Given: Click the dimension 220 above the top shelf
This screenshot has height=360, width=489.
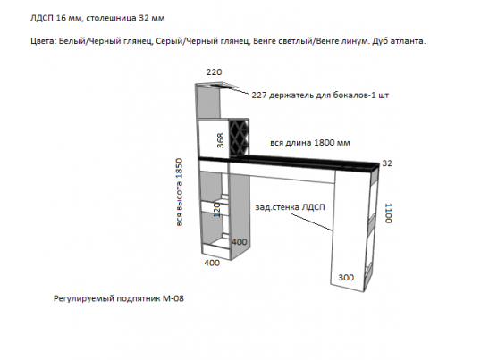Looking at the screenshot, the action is (x=214, y=72).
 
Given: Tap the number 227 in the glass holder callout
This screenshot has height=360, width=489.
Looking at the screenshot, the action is (x=259, y=95).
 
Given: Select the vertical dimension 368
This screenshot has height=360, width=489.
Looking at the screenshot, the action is (x=221, y=140).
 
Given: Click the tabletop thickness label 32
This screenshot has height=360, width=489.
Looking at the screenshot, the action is (x=387, y=163).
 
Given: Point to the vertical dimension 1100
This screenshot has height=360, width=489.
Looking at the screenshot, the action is (x=388, y=213).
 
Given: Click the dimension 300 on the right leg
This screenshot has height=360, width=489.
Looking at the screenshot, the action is (x=346, y=278).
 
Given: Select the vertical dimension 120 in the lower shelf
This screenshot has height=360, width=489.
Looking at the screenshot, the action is (x=217, y=210).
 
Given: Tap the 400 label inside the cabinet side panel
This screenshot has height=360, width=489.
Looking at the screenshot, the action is (x=240, y=242).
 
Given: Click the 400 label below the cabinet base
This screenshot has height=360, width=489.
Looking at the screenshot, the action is (x=212, y=263).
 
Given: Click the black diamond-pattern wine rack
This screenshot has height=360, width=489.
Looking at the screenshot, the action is (x=239, y=138).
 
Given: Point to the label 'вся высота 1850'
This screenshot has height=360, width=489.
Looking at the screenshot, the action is (x=179, y=192).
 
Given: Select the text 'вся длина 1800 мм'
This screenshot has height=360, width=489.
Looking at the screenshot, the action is (x=310, y=143).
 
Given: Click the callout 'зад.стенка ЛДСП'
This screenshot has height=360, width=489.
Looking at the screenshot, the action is (x=290, y=207).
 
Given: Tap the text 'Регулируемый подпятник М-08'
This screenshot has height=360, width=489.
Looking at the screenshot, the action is (x=119, y=298).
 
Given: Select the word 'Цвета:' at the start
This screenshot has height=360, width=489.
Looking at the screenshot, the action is (x=43, y=41).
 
